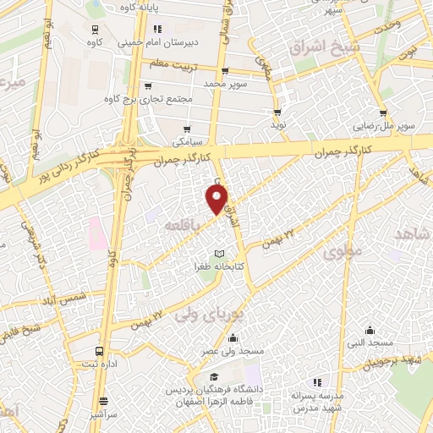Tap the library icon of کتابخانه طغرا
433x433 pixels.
click(219, 254)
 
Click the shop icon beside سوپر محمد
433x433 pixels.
click(224, 71)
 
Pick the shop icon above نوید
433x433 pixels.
click(277, 112)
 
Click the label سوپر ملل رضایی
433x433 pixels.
click(385, 125)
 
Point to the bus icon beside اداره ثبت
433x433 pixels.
click(101, 350)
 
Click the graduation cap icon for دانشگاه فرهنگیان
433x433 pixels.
click(213, 377)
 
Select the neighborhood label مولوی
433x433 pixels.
click(342, 251)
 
